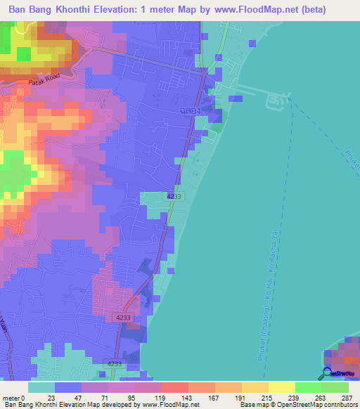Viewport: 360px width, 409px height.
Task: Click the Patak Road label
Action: click(x=41, y=82)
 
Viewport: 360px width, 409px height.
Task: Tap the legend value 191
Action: click(x=241, y=397)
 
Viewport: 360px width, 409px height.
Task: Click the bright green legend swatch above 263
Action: click(x=308, y=387)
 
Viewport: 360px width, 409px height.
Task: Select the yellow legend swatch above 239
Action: click(x=281, y=387)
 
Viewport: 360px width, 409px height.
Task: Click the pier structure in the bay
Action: click(x=275, y=103)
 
